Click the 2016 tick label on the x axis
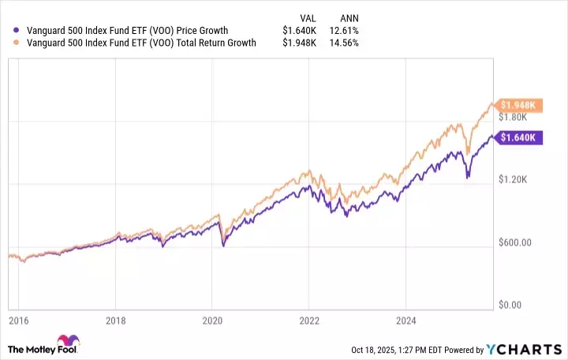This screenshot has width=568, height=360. pos(18,322)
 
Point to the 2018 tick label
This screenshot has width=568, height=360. pos(115,322)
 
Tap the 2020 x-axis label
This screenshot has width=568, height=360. pos(211,322)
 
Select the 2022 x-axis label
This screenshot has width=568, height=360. pos(308,322)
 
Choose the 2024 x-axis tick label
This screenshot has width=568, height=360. pos(405,322)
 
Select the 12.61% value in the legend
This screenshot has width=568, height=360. pos(346,31)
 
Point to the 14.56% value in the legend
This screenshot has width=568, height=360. pos(346,43)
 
